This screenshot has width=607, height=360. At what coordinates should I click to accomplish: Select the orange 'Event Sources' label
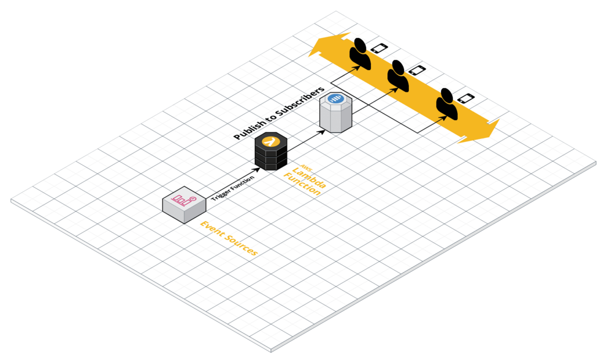click(228, 238)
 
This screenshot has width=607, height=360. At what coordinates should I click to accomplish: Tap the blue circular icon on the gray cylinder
click(335, 99)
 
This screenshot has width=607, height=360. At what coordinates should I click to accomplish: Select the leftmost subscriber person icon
click(362, 53)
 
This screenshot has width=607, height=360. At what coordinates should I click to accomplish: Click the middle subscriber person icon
click(398, 76)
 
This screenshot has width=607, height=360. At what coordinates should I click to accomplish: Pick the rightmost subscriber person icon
click(447, 104)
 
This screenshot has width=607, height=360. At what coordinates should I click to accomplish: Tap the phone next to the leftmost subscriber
click(379, 48)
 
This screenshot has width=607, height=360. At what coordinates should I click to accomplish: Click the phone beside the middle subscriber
click(416, 70)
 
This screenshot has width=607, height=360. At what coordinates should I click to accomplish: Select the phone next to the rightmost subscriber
click(465, 98)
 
